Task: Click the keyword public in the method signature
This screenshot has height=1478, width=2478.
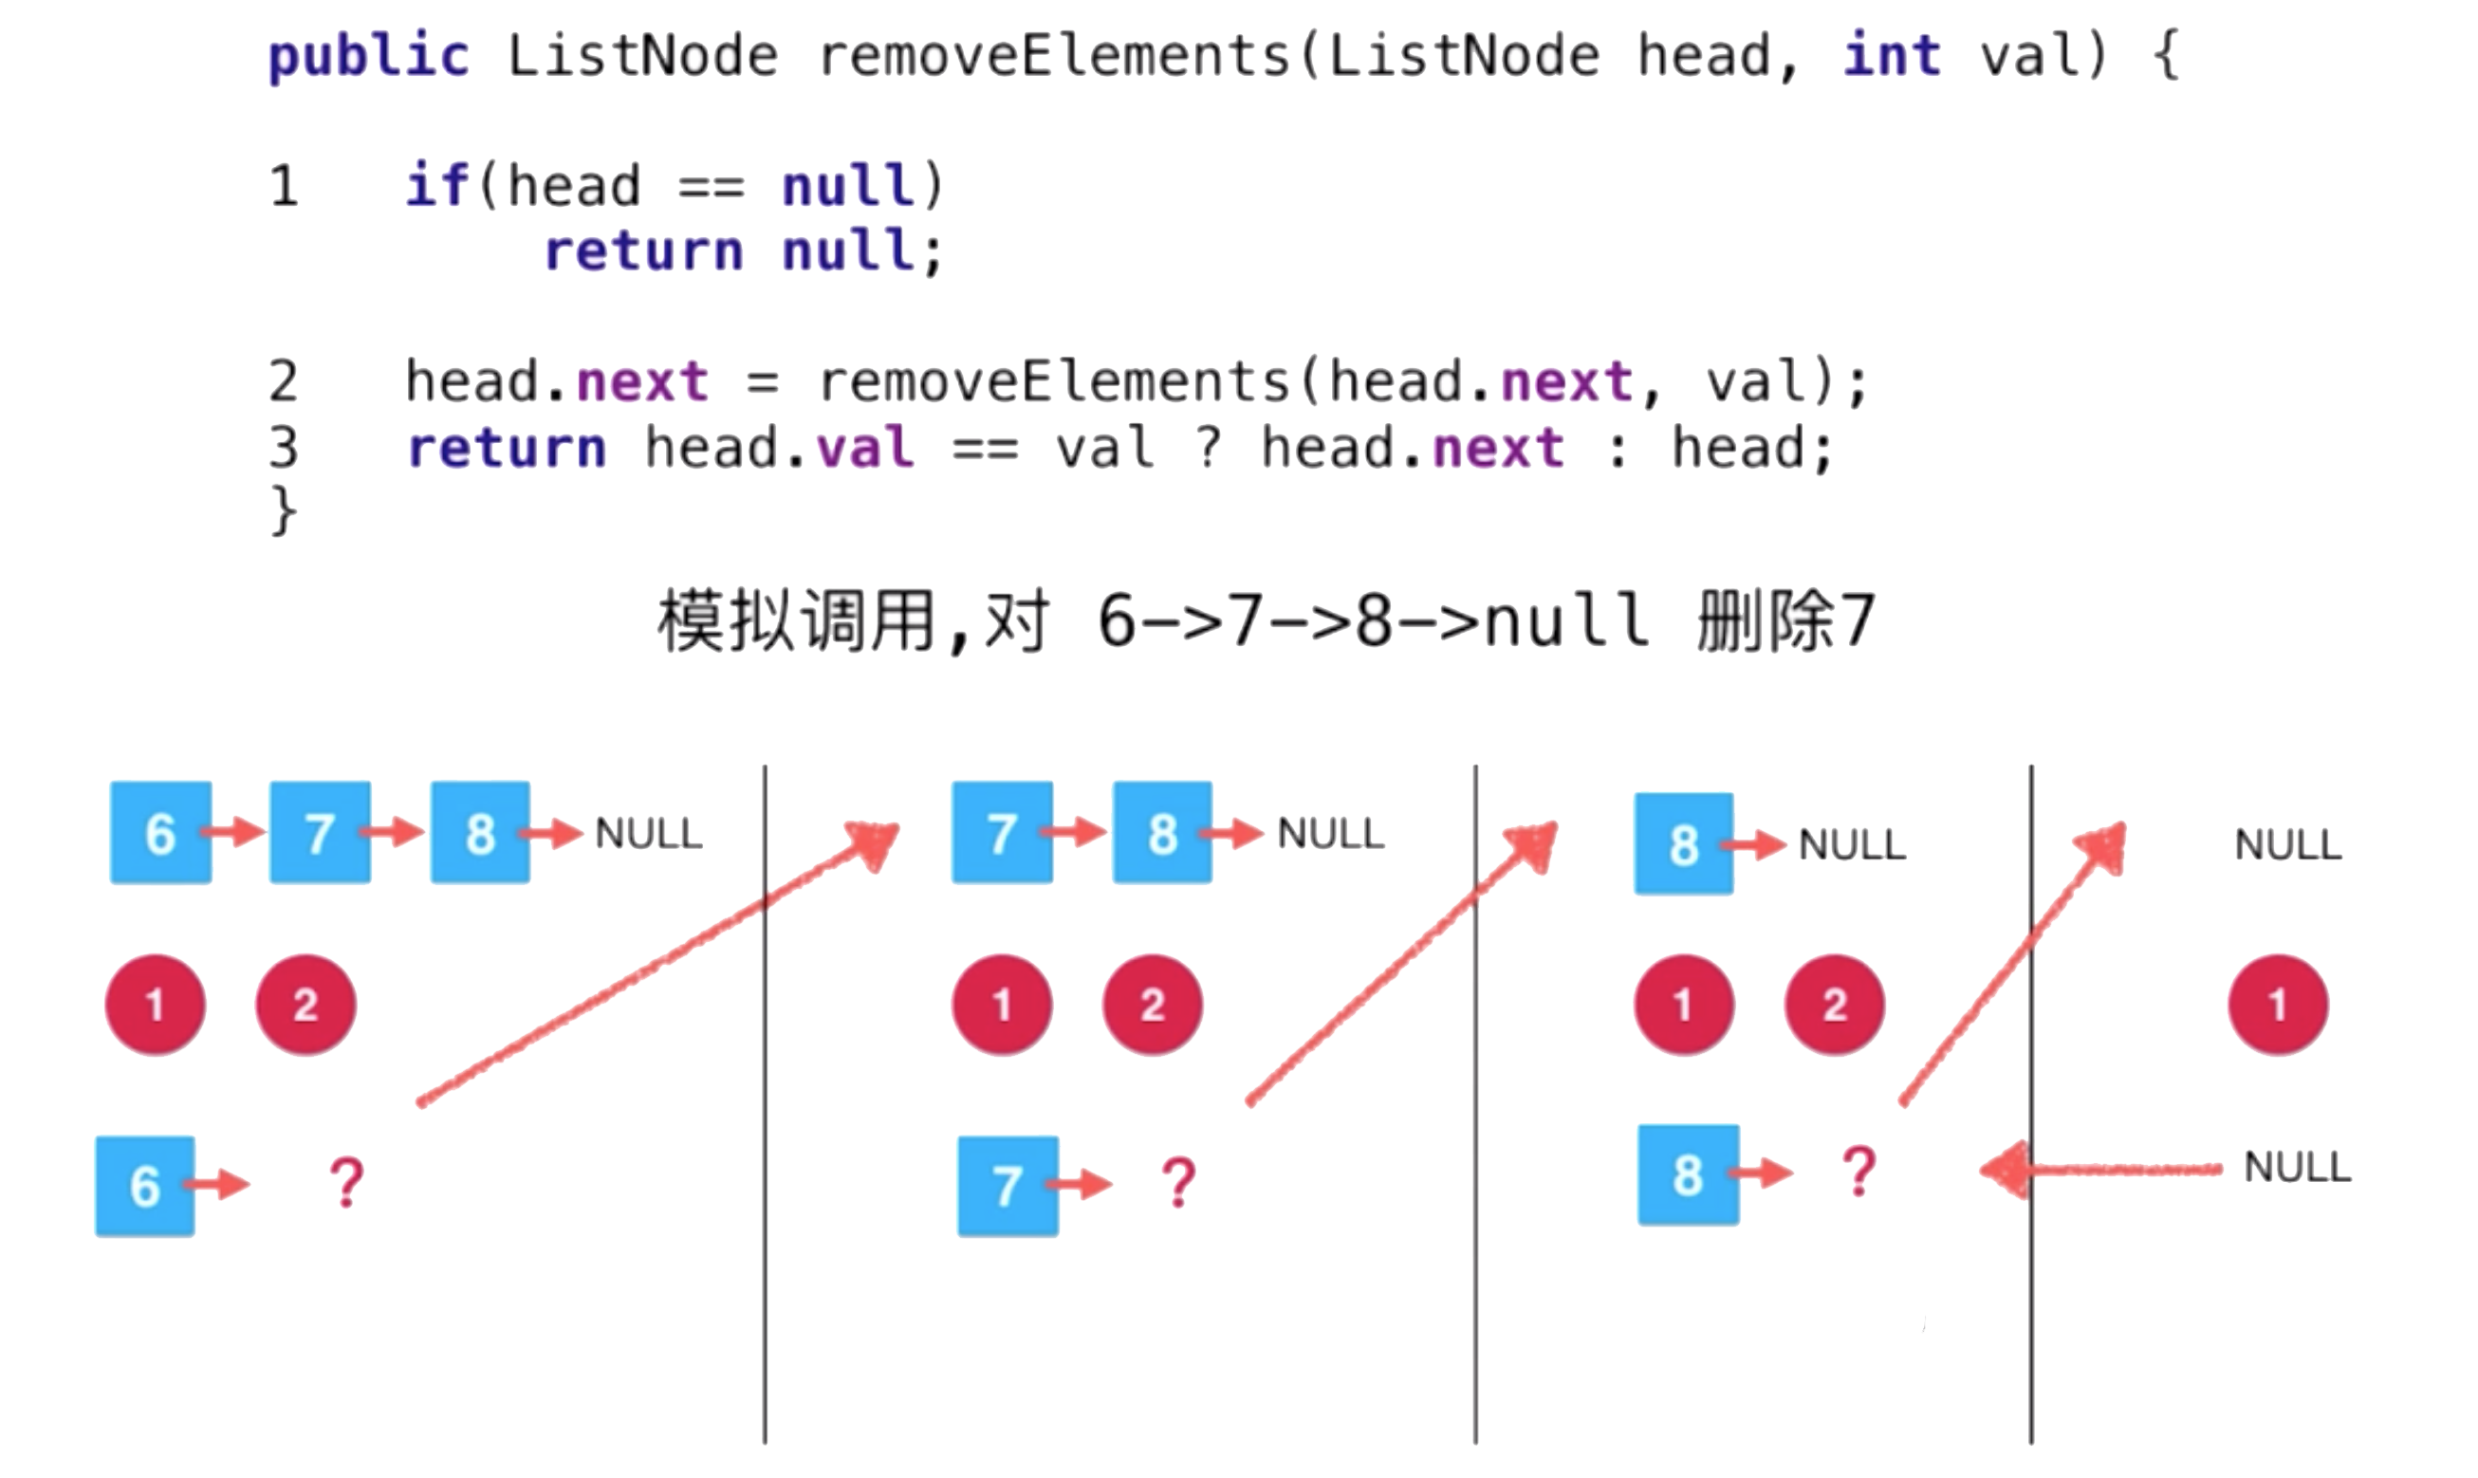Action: (367, 56)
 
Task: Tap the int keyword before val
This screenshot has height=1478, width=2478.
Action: (1892, 56)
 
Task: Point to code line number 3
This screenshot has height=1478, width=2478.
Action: (284, 448)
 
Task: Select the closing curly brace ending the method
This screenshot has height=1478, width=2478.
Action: (284, 511)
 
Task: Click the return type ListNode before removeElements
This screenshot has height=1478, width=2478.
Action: (642, 56)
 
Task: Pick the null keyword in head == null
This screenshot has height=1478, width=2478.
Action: (847, 186)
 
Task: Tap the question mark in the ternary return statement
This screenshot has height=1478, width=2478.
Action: (1208, 448)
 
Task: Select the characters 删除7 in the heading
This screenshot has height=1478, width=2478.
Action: (1785, 621)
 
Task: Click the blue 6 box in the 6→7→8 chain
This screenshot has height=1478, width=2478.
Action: (160, 833)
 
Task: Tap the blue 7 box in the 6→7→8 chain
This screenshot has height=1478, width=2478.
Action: (320, 833)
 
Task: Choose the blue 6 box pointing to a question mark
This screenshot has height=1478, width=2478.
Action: (145, 1186)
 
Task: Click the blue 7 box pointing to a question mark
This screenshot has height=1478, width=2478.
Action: (1008, 1186)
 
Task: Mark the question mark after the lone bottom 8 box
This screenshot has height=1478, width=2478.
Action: (1858, 1172)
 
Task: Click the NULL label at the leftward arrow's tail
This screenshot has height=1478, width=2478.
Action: (2297, 1167)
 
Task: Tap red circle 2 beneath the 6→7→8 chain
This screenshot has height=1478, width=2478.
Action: (305, 1005)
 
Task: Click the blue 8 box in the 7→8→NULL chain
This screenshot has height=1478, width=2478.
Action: (1162, 833)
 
